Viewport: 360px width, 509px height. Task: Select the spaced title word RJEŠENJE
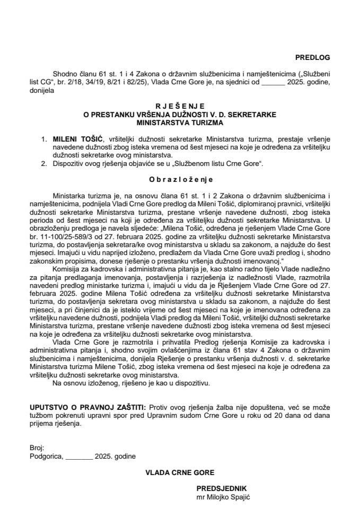point(179,106)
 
